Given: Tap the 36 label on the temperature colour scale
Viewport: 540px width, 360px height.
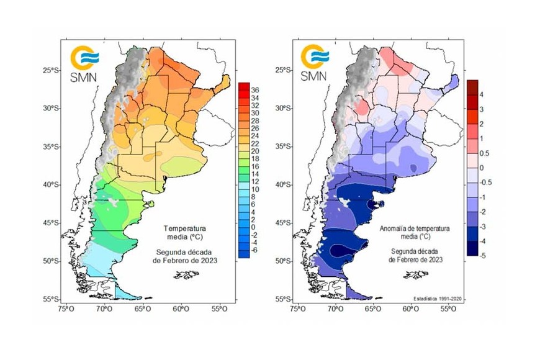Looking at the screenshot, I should coord(254,90).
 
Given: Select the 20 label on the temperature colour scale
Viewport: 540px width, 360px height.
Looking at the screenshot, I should coord(254,151).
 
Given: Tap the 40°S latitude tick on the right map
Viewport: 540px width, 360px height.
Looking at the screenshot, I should coord(282,185).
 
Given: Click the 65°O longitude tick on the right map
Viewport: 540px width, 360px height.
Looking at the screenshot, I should coord(373,308).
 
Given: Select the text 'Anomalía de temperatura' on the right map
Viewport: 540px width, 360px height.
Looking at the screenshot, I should coord(415,228).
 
